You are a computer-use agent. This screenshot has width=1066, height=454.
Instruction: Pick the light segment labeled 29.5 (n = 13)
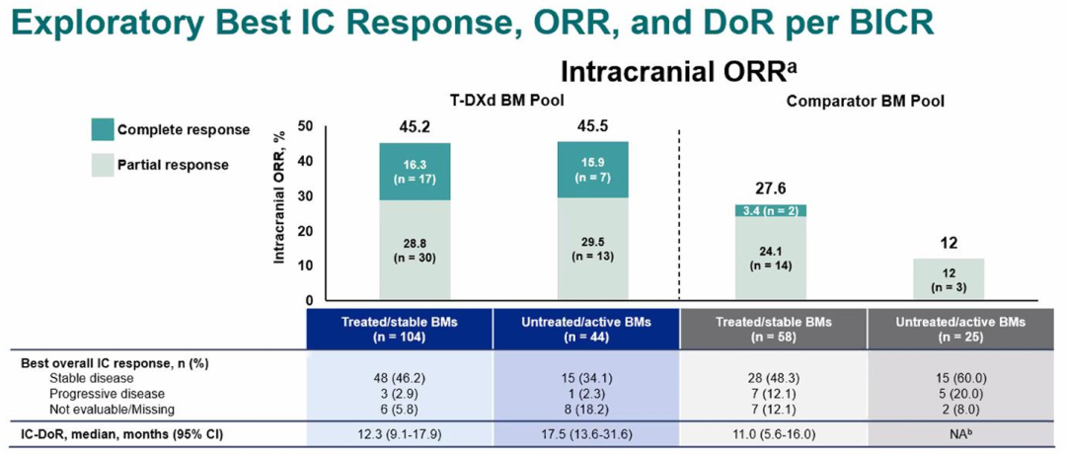tap(592, 248)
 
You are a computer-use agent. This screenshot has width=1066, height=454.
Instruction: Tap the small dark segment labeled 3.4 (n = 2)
tap(771, 210)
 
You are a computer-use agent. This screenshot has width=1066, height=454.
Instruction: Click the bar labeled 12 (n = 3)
tap(949, 278)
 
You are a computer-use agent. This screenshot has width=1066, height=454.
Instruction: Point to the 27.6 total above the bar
tap(771, 189)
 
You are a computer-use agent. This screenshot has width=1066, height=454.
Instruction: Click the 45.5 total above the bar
tap(592, 127)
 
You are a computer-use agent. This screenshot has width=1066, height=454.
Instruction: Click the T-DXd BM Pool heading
tap(494, 100)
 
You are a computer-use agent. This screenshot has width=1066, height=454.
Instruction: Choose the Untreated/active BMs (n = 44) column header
tap(592, 329)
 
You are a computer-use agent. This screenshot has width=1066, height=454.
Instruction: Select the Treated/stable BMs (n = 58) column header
tap(772, 329)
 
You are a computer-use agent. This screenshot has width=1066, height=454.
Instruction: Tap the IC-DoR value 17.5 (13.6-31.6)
tap(592, 432)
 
